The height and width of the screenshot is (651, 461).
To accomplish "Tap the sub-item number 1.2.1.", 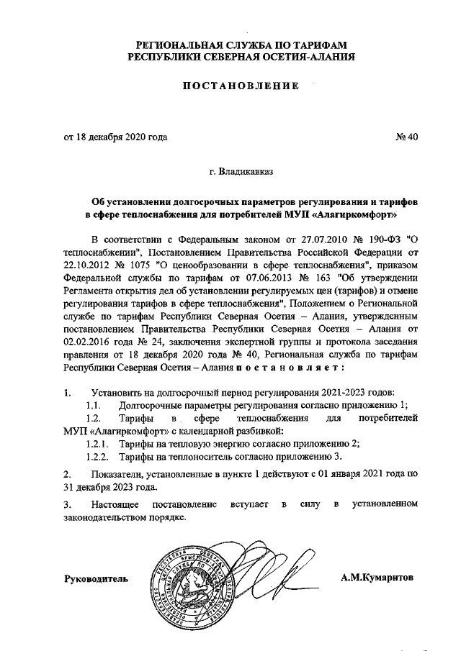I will [x=97, y=444].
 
